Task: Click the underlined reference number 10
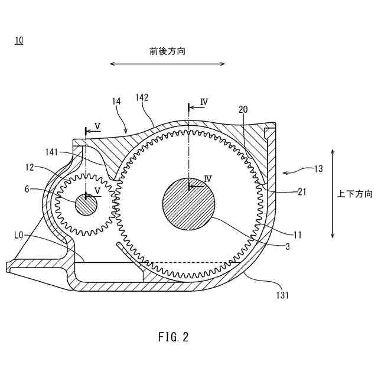click(x=19, y=40)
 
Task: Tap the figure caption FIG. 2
click(x=174, y=337)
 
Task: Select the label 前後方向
click(x=167, y=51)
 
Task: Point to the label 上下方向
click(x=355, y=193)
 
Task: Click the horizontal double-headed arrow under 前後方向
click(x=167, y=64)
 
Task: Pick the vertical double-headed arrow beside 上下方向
click(x=333, y=193)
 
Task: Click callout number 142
click(x=142, y=96)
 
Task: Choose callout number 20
click(x=243, y=109)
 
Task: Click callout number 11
click(x=297, y=235)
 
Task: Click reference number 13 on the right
click(x=318, y=169)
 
